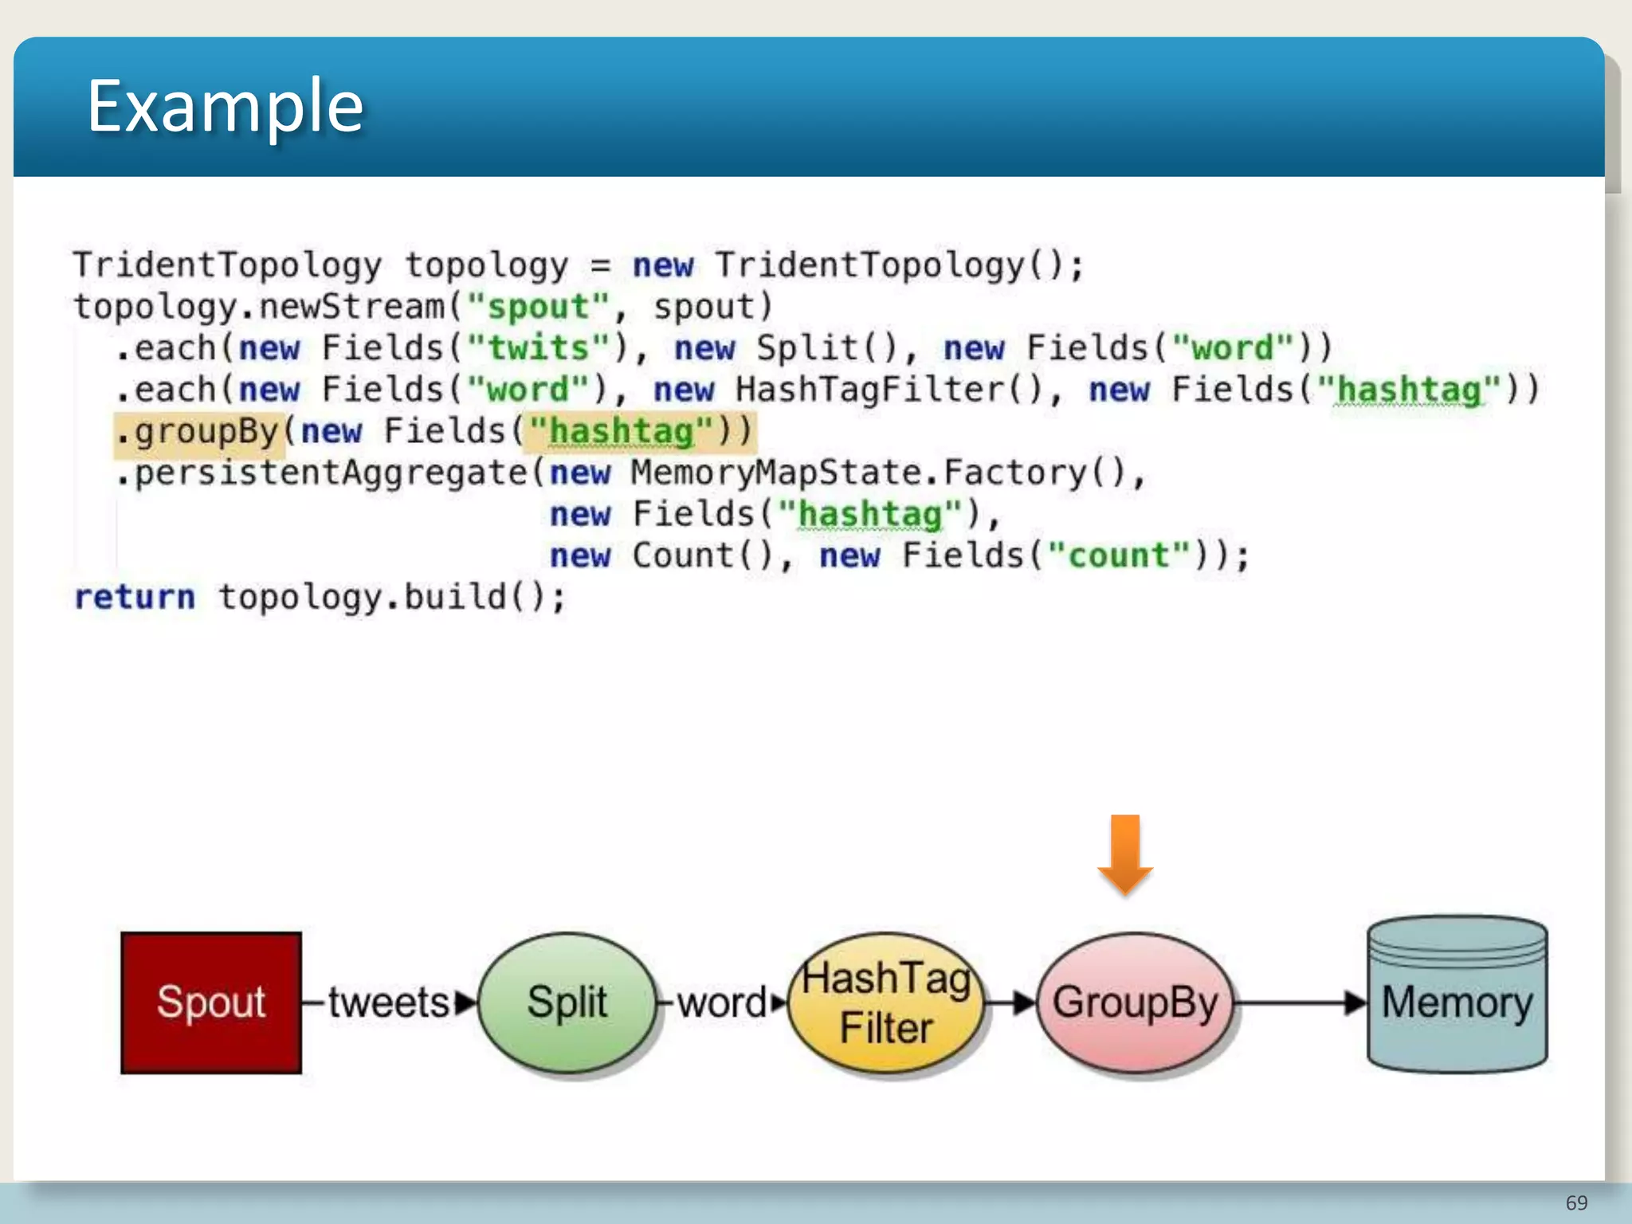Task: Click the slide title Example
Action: (x=226, y=106)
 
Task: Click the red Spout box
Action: (x=211, y=1002)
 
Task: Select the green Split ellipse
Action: (x=567, y=1002)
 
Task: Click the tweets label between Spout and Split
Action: (x=389, y=1002)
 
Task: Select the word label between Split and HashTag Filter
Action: (x=722, y=1002)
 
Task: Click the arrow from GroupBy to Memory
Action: (x=1299, y=1002)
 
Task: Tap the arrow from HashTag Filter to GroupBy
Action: (x=1010, y=1002)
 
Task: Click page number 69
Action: (x=1576, y=1202)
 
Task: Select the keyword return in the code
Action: (x=135, y=597)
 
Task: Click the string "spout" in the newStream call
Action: (x=538, y=307)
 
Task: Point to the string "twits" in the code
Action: (x=538, y=348)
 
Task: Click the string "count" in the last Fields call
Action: (x=1119, y=555)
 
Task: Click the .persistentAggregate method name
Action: (x=322, y=473)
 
